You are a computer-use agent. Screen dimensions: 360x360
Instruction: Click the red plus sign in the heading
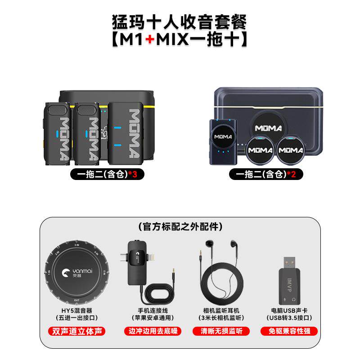tap(150, 39)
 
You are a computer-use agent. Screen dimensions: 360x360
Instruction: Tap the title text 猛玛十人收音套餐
tap(180, 21)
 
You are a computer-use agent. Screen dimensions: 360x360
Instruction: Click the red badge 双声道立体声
tap(72, 331)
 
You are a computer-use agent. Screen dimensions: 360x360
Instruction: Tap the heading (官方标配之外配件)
tap(180, 225)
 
